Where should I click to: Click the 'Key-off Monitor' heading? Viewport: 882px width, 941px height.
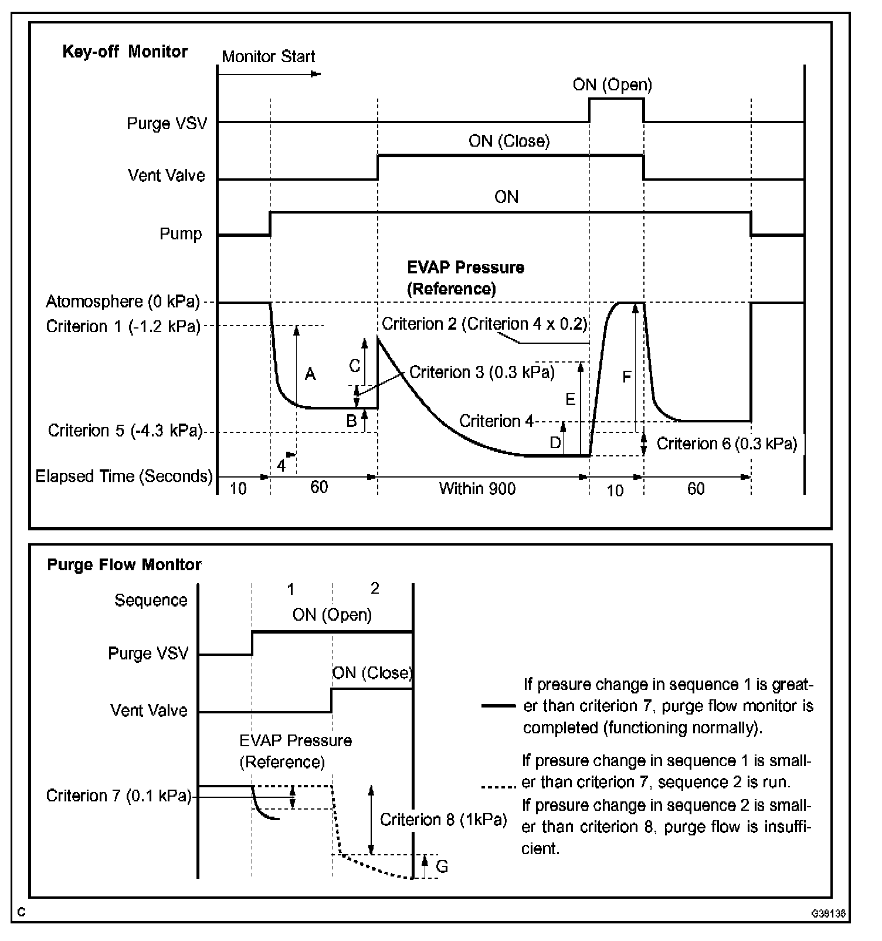(125, 52)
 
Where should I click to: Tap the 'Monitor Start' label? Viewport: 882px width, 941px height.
(268, 56)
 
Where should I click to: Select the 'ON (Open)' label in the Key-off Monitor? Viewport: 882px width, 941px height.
(612, 84)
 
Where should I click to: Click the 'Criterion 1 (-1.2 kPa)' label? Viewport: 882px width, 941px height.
(123, 326)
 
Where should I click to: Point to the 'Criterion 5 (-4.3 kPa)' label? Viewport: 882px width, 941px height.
(125, 431)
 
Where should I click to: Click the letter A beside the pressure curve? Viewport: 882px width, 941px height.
(310, 374)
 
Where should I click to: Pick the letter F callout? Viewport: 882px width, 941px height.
(626, 377)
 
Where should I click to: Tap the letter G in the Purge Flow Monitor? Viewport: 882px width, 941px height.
(442, 866)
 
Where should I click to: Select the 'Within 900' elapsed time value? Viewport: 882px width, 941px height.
(477, 488)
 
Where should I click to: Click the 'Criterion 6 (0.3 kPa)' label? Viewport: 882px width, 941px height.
(727, 444)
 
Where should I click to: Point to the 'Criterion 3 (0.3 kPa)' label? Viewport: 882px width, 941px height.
(481, 373)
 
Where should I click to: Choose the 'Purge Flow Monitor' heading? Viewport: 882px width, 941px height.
(124, 564)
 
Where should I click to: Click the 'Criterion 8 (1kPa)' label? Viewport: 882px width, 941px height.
(443, 819)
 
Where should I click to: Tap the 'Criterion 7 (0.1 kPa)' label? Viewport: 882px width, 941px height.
(118, 796)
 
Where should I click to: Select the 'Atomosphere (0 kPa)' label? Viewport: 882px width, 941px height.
(123, 302)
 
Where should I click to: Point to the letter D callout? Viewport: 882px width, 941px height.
(555, 443)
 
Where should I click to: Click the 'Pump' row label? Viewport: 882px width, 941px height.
(181, 233)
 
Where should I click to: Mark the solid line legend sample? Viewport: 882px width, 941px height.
(498, 706)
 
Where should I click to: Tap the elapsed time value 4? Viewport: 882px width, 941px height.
(281, 466)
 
